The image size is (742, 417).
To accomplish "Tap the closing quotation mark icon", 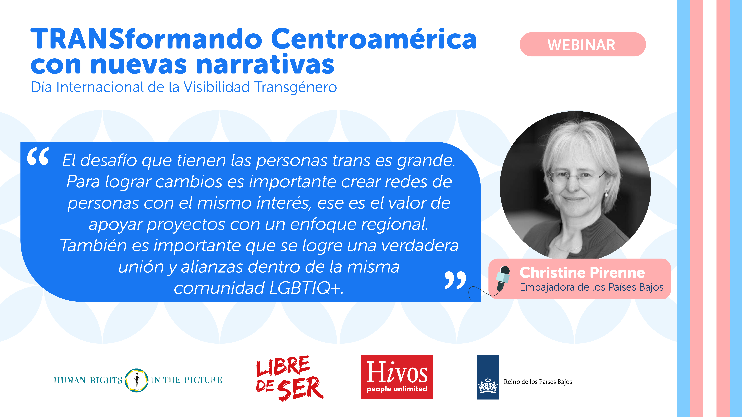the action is click(x=455, y=280).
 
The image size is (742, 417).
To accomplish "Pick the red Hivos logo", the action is click(x=397, y=377).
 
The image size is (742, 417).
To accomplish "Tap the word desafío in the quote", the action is click(x=109, y=161).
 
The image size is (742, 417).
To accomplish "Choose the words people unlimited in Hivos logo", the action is click(x=397, y=389).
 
